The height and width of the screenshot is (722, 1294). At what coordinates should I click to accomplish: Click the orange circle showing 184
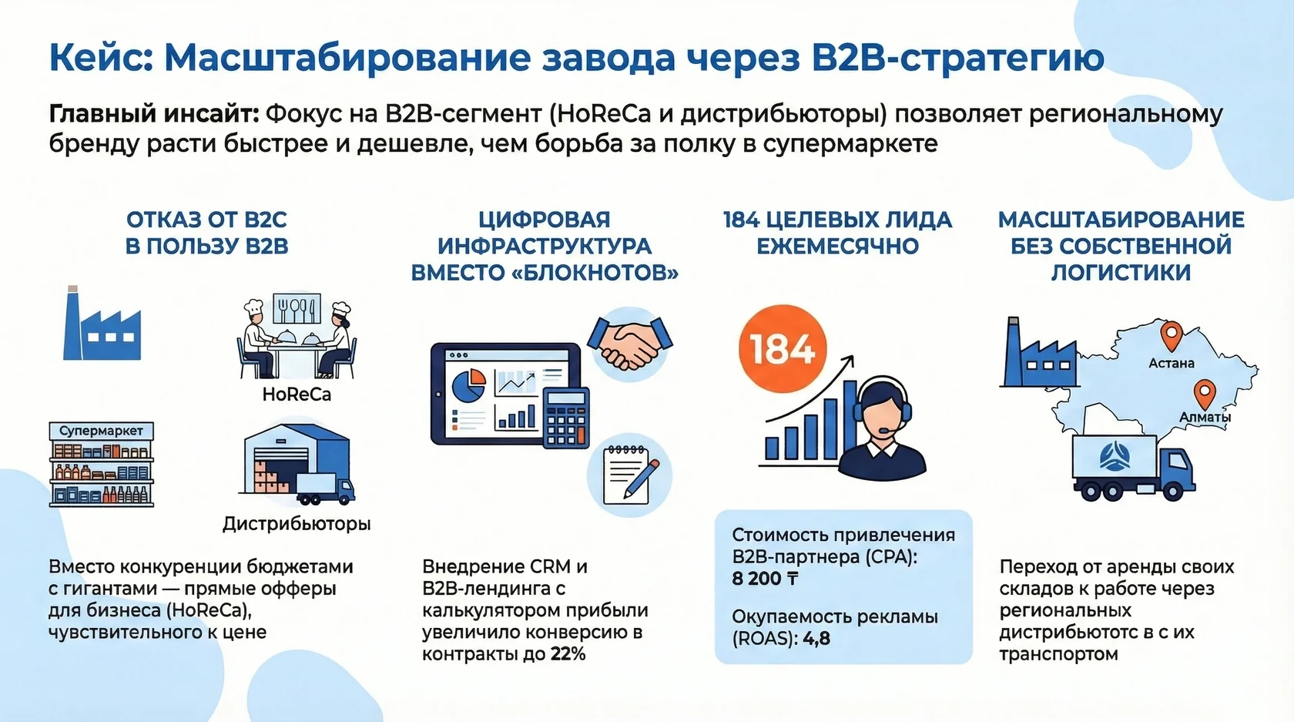(x=782, y=348)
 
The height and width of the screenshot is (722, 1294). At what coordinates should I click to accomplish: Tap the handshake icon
(x=630, y=344)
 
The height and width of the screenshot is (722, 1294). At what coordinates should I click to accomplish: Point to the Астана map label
(x=1171, y=363)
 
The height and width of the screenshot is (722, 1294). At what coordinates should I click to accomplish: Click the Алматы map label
(x=1205, y=417)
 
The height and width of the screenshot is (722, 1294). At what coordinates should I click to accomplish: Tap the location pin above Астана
(x=1172, y=336)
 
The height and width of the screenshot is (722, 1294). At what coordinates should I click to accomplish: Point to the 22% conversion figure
(x=568, y=654)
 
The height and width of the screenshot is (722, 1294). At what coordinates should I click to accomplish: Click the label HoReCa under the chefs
(x=297, y=395)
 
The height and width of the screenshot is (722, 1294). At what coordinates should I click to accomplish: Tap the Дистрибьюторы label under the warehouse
(x=297, y=524)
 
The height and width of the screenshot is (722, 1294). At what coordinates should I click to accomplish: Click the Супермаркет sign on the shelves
(x=101, y=431)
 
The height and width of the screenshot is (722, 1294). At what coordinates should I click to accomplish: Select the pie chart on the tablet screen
(x=468, y=385)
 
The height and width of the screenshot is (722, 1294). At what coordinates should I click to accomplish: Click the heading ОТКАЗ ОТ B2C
(x=206, y=220)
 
